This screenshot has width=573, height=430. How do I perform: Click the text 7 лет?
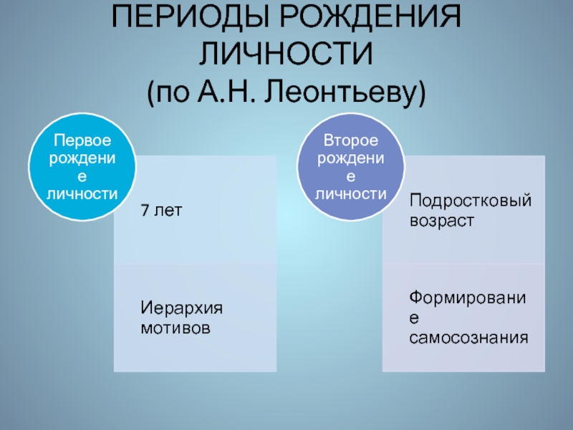coord(161,211)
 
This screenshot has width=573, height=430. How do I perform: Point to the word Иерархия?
coord(181,307)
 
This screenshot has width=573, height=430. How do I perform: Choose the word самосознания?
coord(469,337)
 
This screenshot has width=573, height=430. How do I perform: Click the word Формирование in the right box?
coord(469,296)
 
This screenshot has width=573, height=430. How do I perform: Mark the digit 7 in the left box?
coord(145,211)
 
